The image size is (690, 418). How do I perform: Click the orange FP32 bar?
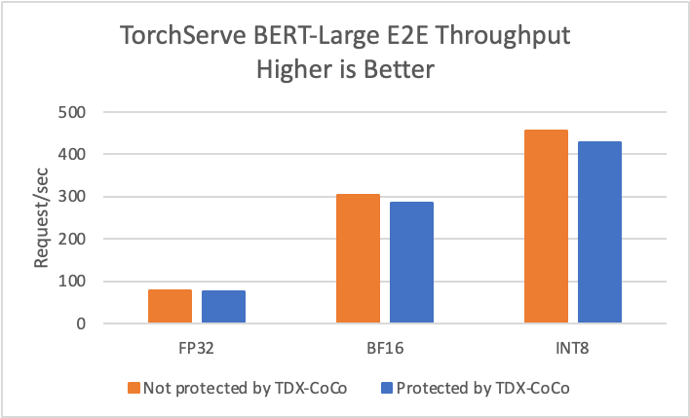[170, 306]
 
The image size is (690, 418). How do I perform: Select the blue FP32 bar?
[223, 306]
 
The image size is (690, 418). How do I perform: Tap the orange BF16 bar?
[358, 258]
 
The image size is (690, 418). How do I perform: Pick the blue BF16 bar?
[411, 262]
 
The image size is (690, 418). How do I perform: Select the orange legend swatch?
[134, 387]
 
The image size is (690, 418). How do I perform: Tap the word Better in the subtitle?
[399, 70]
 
